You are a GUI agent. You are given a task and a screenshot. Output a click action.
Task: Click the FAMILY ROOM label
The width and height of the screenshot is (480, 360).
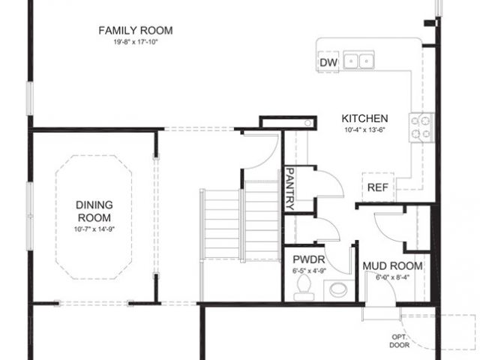[136, 31]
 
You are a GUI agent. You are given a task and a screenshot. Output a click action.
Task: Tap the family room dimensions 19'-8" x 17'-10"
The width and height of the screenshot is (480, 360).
[136, 42]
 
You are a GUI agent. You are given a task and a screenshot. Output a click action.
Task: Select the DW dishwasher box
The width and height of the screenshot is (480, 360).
[328, 62]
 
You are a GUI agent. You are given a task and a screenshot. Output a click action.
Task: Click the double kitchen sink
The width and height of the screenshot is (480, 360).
[358, 60]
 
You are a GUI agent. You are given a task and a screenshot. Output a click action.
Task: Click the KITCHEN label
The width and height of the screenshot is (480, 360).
[364, 118]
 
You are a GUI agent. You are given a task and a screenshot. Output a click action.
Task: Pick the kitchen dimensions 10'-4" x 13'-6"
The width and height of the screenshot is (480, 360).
[364, 130]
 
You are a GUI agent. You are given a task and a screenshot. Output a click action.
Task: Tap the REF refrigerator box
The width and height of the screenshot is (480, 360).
[376, 187]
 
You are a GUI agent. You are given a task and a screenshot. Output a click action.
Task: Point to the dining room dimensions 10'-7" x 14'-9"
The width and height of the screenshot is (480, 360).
[94, 229]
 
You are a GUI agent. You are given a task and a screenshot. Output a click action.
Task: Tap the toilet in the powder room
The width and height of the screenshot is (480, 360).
[304, 285]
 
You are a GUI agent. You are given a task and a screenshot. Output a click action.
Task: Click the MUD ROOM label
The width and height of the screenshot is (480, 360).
[391, 266]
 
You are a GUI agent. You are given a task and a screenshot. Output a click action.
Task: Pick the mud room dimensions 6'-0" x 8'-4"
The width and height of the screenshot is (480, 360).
[391, 277]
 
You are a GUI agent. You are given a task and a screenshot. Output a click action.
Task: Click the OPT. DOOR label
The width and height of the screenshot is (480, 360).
[399, 341]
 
